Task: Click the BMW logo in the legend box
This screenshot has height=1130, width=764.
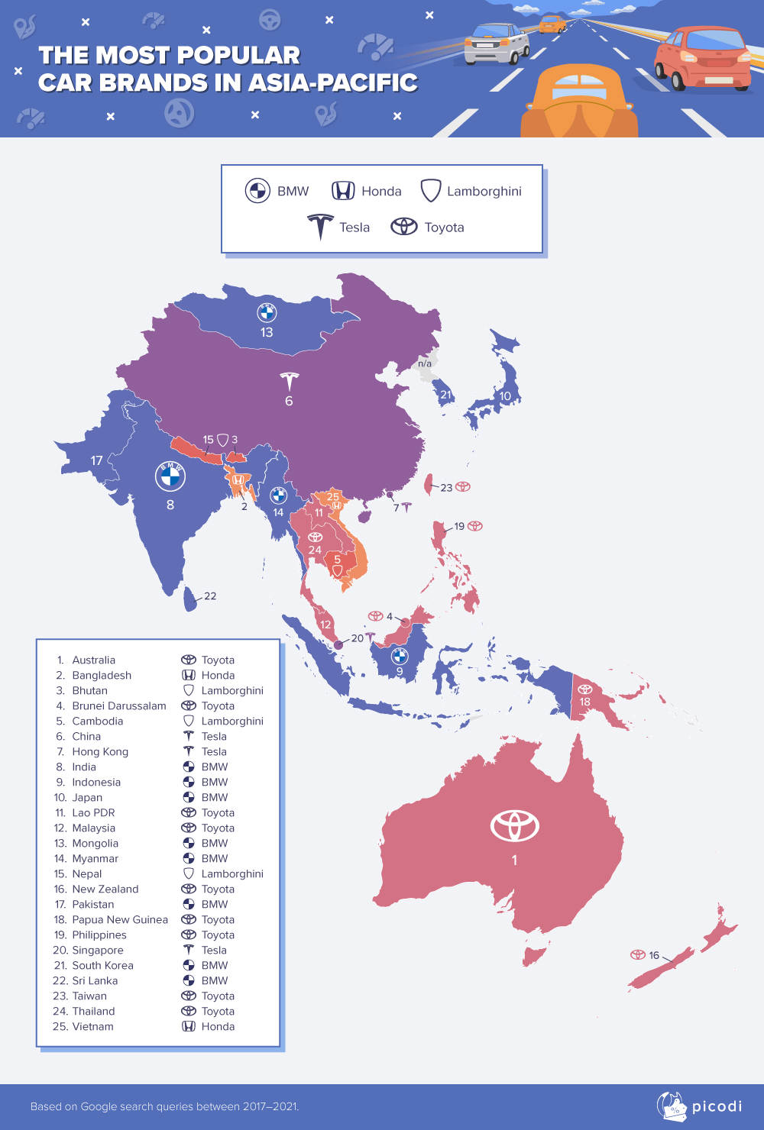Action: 257,191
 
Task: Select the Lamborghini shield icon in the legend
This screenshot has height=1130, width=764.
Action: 431,191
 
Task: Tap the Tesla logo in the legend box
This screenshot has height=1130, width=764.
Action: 321,227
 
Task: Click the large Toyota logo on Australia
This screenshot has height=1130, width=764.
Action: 514,825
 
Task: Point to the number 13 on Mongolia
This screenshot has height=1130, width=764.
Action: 267,332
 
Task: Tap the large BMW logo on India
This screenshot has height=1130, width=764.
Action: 170,476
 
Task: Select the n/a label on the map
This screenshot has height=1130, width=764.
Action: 425,363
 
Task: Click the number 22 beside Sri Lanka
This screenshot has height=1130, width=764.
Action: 210,596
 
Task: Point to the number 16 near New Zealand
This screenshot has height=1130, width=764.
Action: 654,955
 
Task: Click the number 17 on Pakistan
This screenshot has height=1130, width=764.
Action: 96,460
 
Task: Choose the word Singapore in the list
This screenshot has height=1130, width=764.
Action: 98,950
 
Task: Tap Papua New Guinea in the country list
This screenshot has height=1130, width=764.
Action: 120,919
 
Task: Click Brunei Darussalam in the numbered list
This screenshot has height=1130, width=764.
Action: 119,705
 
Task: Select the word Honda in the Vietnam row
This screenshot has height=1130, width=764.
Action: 218,1026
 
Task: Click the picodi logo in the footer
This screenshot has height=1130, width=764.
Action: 699,1106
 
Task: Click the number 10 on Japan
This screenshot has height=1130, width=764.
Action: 505,396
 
